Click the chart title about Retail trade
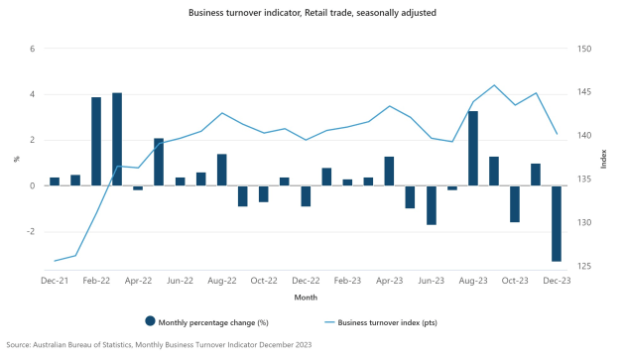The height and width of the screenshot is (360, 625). (312, 13)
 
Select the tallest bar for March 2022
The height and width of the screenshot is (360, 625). (117, 139)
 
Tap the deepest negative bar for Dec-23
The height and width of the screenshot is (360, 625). (557, 223)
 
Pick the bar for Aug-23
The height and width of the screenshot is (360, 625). (473, 149)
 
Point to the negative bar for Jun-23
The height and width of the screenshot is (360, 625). (432, 204)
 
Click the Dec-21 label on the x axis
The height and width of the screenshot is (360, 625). (55, 280)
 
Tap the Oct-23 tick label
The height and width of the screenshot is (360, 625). (515, 280)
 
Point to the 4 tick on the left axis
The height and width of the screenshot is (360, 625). (33, 94)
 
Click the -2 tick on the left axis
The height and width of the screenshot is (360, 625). (31, 231)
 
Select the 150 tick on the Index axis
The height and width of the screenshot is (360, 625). (584, 49)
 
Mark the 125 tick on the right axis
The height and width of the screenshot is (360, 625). (584, 267)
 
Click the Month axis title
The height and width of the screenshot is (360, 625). (306, 298)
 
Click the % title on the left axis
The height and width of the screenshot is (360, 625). (16, 158)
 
